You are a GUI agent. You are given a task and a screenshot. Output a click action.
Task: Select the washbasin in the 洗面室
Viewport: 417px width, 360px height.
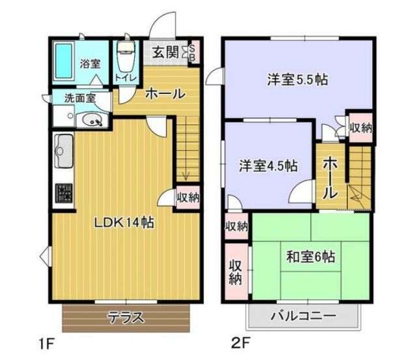[x=91, y=119]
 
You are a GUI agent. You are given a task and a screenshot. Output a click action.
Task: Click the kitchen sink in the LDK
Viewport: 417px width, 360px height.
[x=64, y=153]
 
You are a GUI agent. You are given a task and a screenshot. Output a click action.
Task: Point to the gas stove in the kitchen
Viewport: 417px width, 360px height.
[x=64, y=194]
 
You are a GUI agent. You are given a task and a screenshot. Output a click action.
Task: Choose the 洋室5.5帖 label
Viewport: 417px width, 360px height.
[x=296, y=80]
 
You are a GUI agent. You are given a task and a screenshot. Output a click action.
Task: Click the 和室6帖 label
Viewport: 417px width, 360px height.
[x=310, y=256]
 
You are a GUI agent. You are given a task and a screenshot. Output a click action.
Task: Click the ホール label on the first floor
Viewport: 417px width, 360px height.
[x=164, y=94]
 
